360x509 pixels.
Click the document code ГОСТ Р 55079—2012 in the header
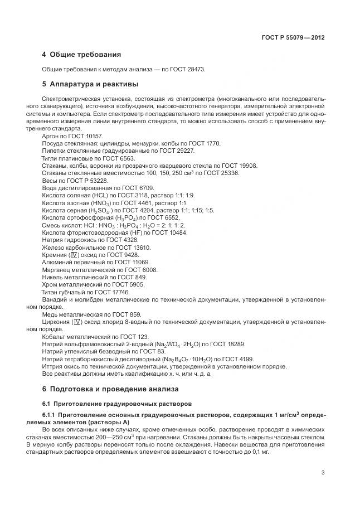coord(293,38)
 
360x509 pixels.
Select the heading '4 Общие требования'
coord(81,55)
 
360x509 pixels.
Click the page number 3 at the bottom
coord(323,472)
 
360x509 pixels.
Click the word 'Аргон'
coord(51,135)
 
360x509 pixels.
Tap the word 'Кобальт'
coord(55,337)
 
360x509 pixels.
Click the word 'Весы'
coord(50,181)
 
